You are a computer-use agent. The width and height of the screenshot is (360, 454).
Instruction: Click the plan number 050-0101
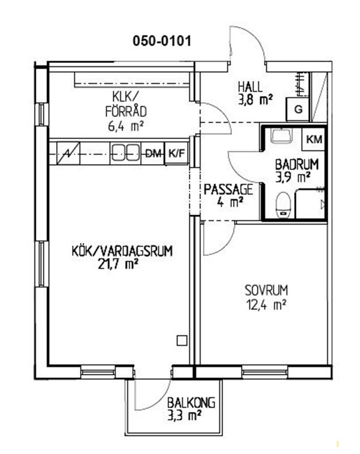162,41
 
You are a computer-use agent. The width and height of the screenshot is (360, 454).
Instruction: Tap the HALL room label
251,87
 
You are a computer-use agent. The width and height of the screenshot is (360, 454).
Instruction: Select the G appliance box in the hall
298,110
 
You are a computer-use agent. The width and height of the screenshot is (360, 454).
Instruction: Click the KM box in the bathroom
314,140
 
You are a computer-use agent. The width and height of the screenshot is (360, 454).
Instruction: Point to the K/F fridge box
176,153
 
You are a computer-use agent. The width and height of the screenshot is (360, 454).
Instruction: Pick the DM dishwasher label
153,153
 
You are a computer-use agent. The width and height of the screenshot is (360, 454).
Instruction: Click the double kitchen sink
125,153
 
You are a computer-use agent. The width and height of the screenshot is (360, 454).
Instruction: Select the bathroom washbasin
281,136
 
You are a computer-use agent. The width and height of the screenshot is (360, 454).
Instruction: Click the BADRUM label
297,165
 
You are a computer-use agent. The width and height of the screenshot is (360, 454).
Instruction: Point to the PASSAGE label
228,190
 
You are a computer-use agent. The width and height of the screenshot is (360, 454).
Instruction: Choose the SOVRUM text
266,291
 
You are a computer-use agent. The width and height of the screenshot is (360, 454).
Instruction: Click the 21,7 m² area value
117,264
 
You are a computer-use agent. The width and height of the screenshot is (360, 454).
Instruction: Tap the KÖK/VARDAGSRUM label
122,251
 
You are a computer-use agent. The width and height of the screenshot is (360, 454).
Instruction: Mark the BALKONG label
192,403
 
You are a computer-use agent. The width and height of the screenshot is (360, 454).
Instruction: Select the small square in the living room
182,340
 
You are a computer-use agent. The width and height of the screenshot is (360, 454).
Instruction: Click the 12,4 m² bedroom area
266,304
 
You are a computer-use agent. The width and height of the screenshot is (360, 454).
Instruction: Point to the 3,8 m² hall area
255,100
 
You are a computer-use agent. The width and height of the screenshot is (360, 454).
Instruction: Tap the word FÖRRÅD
126,111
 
